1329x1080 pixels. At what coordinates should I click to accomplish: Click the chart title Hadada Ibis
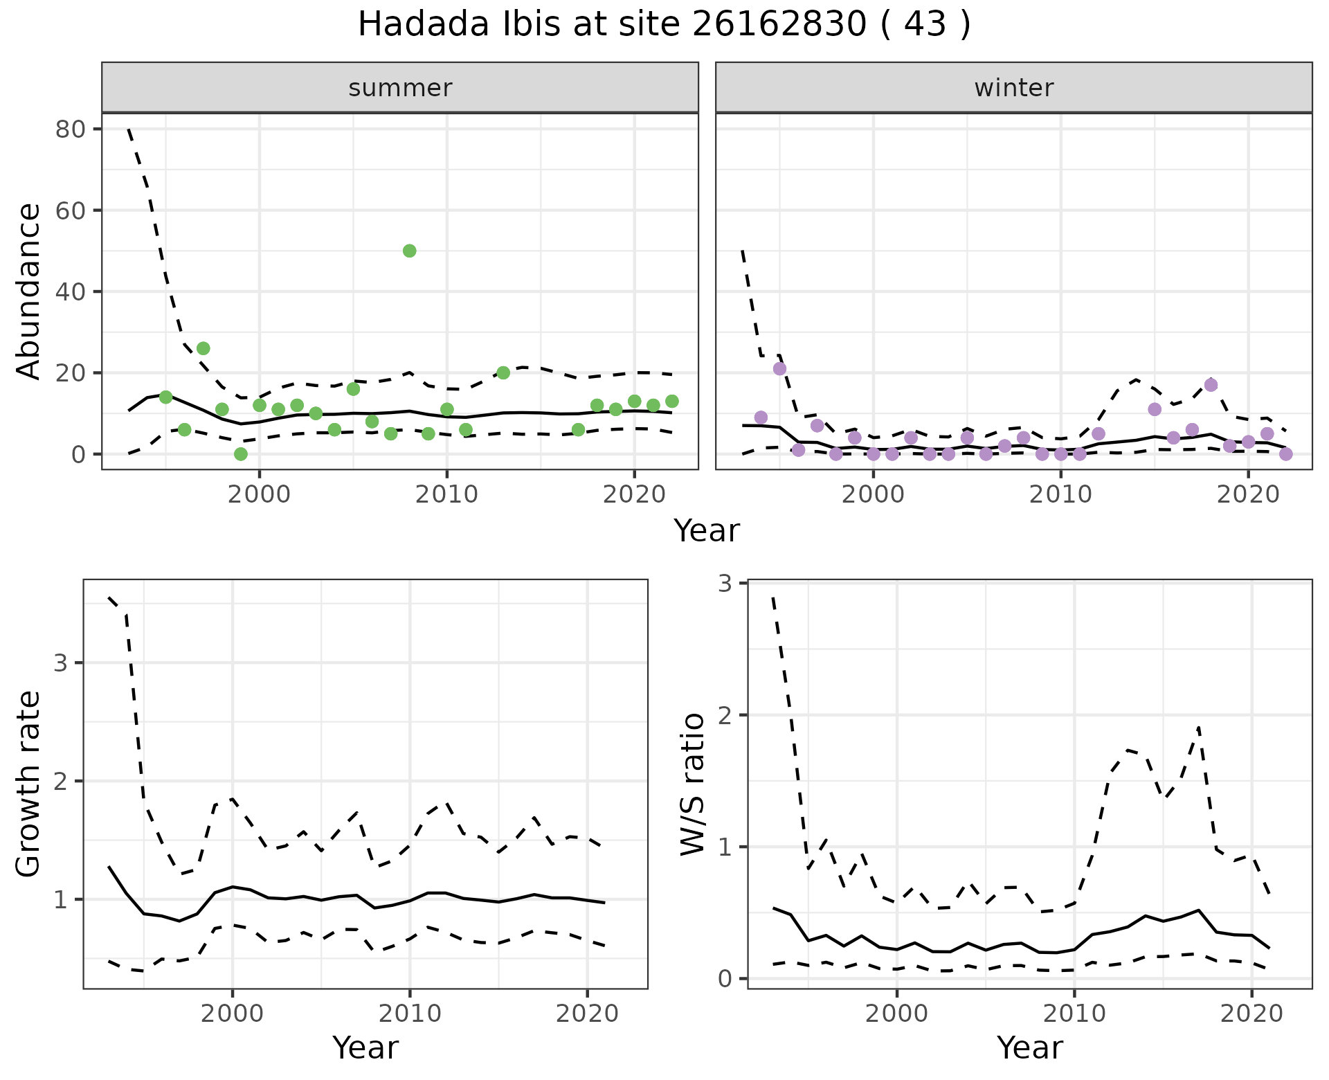click(x=664, y=25)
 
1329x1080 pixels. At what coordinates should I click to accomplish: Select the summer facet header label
click(x=400, y=88)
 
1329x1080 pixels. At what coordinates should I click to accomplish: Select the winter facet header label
click(x=1013, y=88)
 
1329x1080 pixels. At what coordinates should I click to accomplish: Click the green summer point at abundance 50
click(x=409, y=251)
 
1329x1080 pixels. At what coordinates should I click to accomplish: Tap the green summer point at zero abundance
click(x=241, y=454)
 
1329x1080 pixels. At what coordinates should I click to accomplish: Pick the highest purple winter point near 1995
click(x=779, y=368)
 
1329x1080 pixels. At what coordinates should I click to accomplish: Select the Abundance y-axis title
click(x=29, y=291)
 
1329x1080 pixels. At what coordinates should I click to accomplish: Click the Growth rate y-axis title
click(x=29, y=784)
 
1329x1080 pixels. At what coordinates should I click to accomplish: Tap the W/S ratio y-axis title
click(x=693, y=784)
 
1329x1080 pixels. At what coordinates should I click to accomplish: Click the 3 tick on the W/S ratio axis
click(x=725, y=584)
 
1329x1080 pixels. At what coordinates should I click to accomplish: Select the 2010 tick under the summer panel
click(x=446, y=494)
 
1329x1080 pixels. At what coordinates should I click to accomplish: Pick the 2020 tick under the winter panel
click(x=1247, y=494)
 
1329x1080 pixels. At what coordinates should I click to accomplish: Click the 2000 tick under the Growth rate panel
click(x=233, y=1014)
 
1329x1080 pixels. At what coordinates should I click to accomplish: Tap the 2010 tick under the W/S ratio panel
click(x=1074, y=1014)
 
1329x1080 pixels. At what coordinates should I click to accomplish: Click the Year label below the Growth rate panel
click(x=365, y=1047)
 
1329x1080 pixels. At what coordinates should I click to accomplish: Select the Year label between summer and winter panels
click(x=707, y=531)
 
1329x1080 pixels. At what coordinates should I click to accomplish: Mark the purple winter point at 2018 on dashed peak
click(x=1211, y=385)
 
